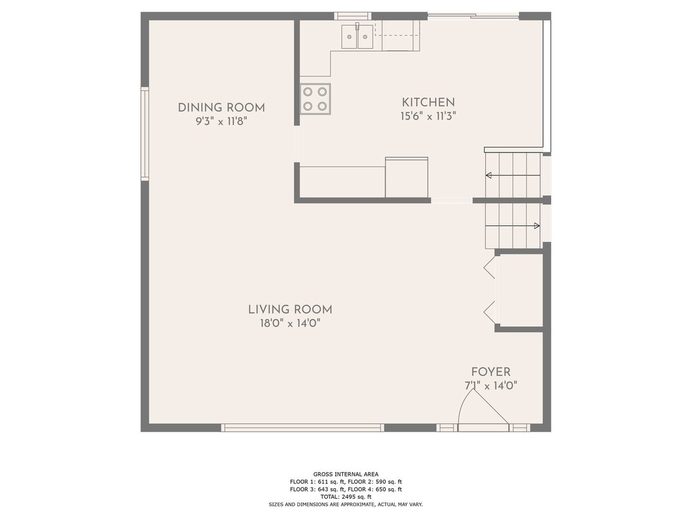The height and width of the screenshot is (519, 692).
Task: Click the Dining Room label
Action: [221, 108]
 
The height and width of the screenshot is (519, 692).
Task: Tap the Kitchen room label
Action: [428, 103]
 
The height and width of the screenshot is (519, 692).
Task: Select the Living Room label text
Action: [290, 310]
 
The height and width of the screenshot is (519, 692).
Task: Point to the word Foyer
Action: [491, 372]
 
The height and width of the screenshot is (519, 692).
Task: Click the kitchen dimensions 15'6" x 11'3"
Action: [428, 116]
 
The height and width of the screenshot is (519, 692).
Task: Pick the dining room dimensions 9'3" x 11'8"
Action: [221, 121]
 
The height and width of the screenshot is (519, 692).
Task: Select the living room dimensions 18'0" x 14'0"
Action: [290, 323]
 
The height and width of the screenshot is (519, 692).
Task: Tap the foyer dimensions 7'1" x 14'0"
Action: [491, 386]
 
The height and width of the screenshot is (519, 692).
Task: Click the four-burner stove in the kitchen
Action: [316, 99]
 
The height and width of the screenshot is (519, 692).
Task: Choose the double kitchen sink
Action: [357, 36]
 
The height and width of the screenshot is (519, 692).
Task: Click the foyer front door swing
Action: [483, 410]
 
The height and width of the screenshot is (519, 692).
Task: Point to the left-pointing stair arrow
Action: [513, 176]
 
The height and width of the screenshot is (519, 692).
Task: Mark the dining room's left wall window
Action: [145, 133]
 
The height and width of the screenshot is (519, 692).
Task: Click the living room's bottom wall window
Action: [302, 427]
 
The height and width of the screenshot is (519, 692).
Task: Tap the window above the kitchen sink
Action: [352, 17]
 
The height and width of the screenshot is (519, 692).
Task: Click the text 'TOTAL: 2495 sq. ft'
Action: [346, 497]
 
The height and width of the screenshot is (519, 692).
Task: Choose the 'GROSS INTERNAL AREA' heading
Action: [346, 475]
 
